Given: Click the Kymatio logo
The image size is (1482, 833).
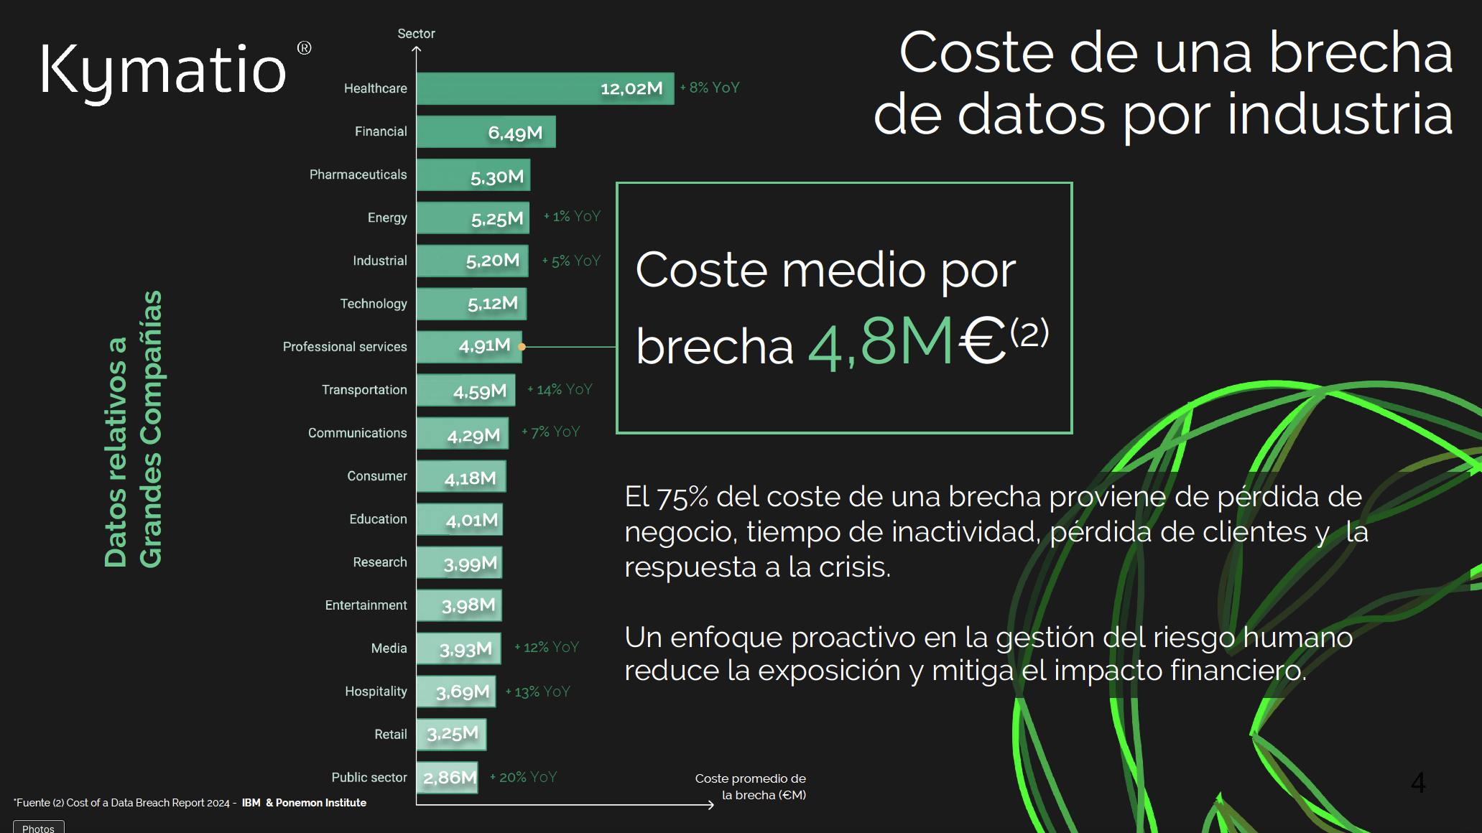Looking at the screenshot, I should [164, 70].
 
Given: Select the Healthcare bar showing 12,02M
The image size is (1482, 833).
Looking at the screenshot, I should [545, 88].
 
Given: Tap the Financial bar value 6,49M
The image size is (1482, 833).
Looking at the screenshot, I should [515, 133].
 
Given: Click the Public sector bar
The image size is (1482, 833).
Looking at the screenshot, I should [447, 778].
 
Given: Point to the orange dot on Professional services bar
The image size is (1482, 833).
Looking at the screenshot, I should [522, 347].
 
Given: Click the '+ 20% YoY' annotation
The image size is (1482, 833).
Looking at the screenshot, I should [524, 777].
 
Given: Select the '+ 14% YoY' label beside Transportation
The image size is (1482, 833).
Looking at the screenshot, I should [560, 389].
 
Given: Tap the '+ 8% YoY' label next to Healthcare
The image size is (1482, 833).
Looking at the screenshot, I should [710, 88].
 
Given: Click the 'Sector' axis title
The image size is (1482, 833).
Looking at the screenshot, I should [416, 34].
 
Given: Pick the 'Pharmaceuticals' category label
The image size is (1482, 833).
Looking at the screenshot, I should [358, 174].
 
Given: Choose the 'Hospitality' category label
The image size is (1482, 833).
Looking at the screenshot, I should [376, 692].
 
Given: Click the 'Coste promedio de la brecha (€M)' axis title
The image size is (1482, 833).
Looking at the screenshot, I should [751, 786].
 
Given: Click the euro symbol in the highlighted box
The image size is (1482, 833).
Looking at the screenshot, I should [983, 341].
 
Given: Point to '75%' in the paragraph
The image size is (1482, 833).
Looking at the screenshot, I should [682, 497].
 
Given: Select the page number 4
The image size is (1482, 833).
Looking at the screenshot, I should [1418, 782].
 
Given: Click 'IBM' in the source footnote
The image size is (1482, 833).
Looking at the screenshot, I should [251, 803].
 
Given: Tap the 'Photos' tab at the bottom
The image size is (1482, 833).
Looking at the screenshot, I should [38, 827].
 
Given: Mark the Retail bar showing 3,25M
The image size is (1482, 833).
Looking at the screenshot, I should [451, 735].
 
